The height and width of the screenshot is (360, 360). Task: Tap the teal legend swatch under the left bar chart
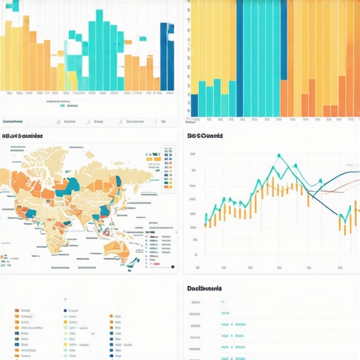[x=63, y=106]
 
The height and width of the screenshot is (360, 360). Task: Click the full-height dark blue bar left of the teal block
[x=240, y=56]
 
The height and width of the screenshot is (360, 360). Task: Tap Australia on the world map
[x=113, y=247]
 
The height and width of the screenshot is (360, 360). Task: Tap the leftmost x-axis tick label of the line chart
[x=198, y=268]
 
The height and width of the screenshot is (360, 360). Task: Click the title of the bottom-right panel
[x=205, y=288]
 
